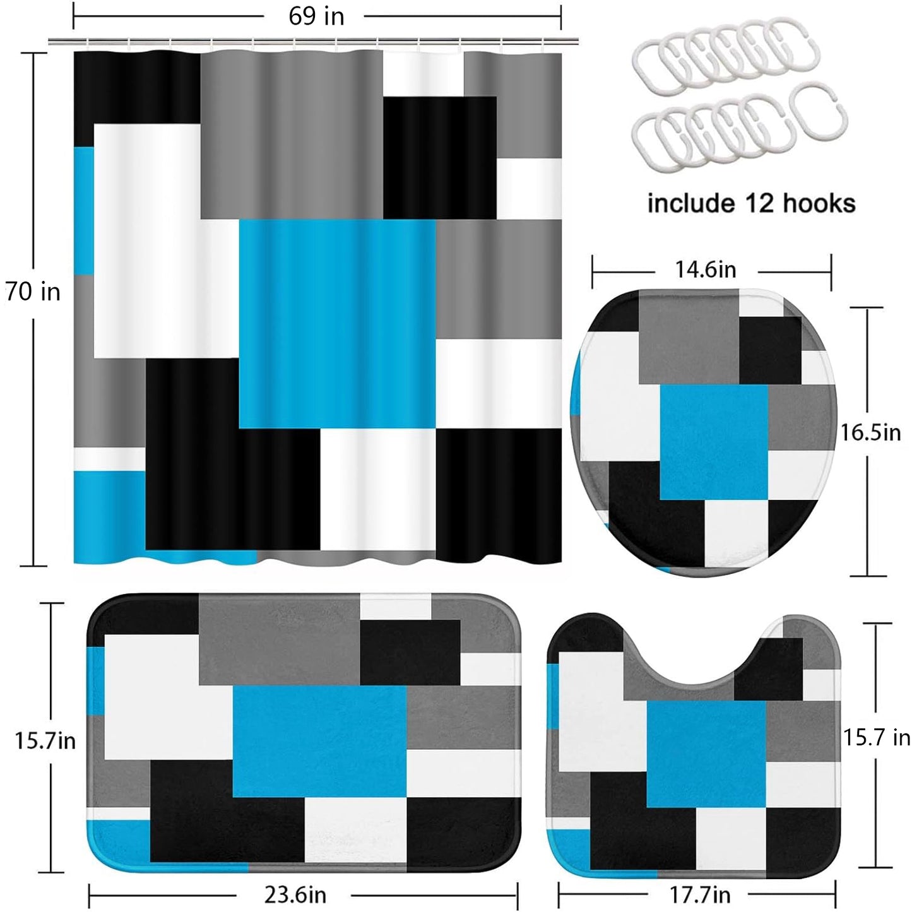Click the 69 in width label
[x=316, y=17]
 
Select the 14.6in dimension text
[x=705, y=269]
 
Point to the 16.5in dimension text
[x=870, y=432]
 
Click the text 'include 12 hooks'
[x=752, y=203]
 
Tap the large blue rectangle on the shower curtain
[x=337, y=324]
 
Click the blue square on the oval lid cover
[x=714, y=442]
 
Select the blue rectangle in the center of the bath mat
[x=319, y=742]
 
